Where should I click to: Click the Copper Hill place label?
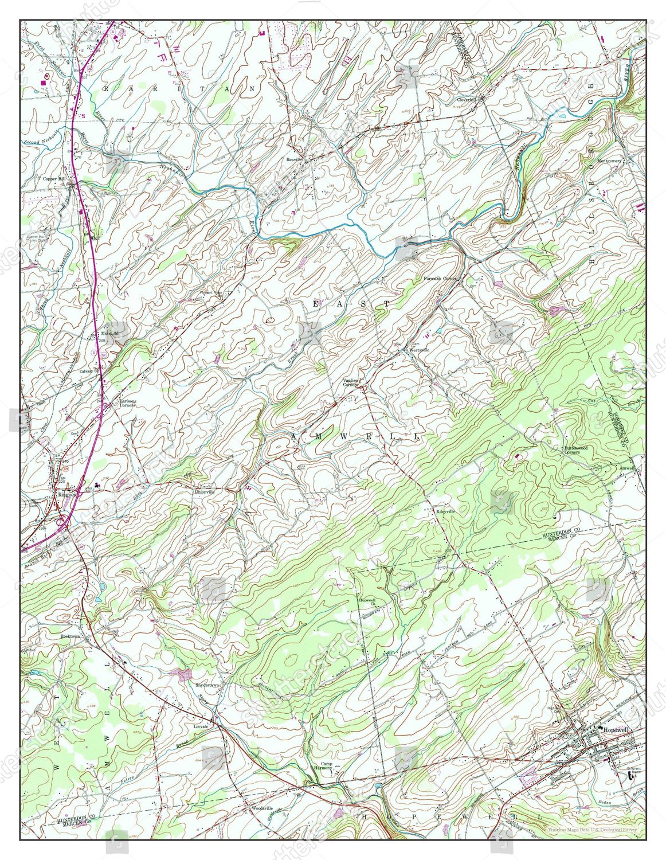pos(55,178)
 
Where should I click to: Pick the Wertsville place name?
pos(418,349)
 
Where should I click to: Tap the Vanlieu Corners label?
pos(350,382)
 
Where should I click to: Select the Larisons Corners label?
pos(127,402)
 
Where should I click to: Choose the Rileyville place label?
pos(445,511)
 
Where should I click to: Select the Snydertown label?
pos(208,685)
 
